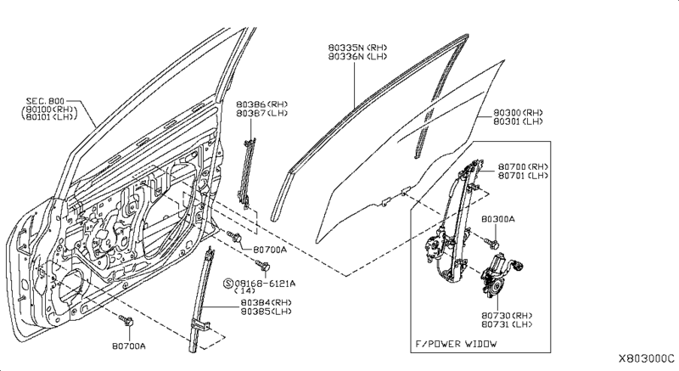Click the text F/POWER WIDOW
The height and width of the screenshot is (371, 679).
456,344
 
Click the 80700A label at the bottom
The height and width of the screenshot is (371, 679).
127,346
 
